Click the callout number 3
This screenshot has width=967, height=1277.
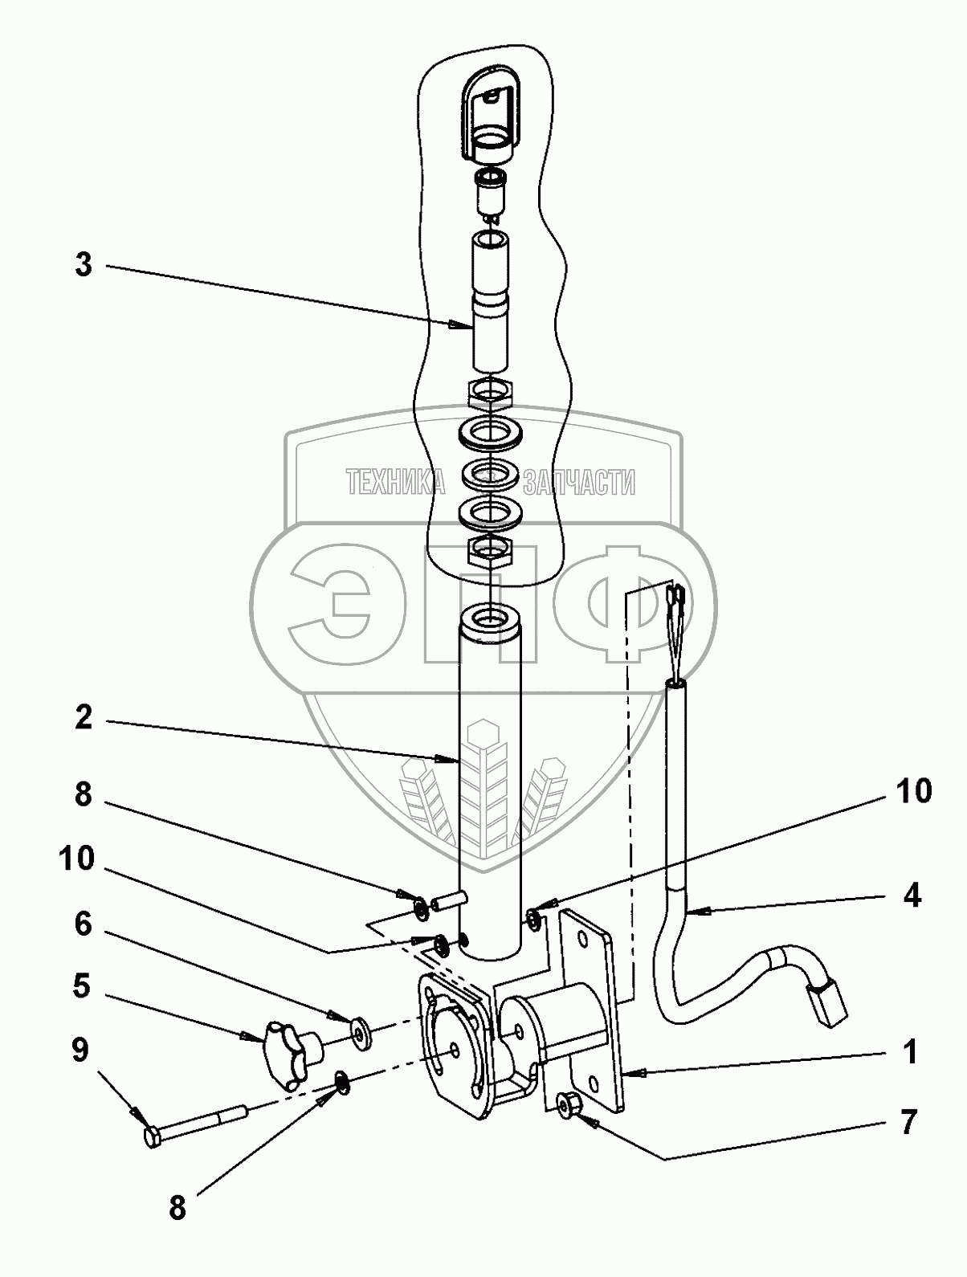[84, 265]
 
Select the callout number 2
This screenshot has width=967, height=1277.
[84, 719]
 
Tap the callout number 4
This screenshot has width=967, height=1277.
[911, 896]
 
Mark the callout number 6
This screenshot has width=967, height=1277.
[83, 924]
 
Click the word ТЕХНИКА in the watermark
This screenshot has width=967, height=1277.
[394, 482]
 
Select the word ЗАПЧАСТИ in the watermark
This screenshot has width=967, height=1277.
[578, 482]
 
